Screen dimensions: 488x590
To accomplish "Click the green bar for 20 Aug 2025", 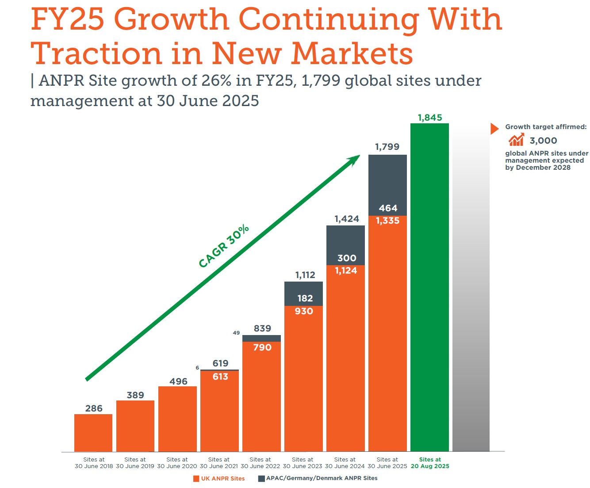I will (x=429, y=287).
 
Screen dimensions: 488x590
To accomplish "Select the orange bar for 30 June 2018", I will (x=93, y=433).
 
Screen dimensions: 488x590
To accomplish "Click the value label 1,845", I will (x=430, y=118).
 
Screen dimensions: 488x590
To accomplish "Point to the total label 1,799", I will (x=387, y=147).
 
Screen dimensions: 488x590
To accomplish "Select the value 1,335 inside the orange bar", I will (x=387, y=221).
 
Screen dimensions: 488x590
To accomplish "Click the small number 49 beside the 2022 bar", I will (x=236, y=333).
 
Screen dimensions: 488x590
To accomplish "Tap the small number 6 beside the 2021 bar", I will (x=197, y=368).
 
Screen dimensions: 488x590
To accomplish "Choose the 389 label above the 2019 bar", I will (x=135, y=395).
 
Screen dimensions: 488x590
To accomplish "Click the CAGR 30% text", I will (x=223, y=246).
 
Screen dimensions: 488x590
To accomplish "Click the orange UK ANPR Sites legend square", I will (x=196, y=479).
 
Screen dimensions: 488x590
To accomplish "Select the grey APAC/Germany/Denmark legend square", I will (x=261, y=479).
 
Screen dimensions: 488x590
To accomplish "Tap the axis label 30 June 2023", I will (x=303, y=466).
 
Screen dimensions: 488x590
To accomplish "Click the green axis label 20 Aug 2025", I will (x=430, y=466).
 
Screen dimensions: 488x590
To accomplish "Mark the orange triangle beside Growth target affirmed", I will (x=494, y=129).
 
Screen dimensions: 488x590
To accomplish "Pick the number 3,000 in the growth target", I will (x=543, y=141).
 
